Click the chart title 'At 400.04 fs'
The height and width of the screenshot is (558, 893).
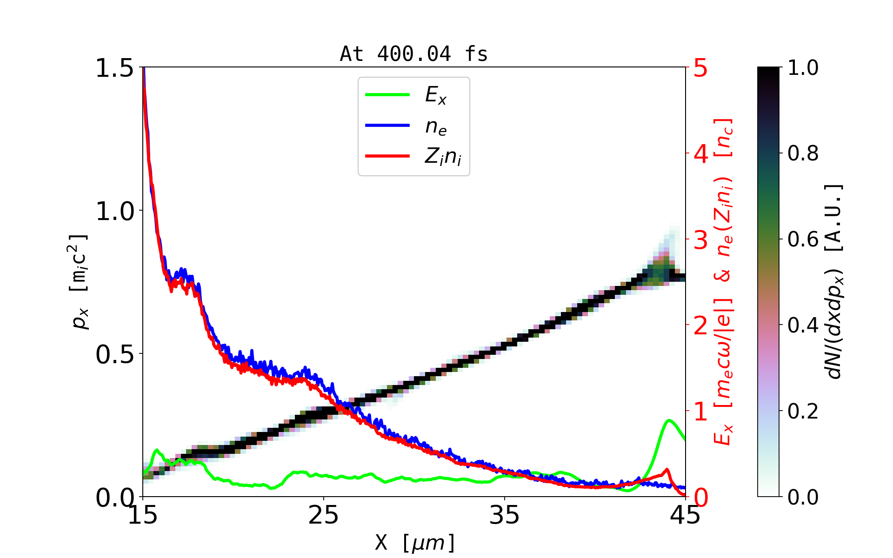413,54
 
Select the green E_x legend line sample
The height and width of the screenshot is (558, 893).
387,95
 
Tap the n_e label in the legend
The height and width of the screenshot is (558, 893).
436,126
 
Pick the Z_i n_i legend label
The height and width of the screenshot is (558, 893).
443,157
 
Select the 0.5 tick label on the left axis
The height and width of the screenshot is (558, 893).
114,355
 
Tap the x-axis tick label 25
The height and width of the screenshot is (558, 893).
324,516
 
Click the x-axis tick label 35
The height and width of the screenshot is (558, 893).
505,516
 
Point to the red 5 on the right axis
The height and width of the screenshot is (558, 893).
700,68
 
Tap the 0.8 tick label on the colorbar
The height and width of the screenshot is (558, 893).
803,153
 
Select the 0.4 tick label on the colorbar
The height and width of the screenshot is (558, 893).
803,325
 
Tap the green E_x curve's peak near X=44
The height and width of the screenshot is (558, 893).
669,420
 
